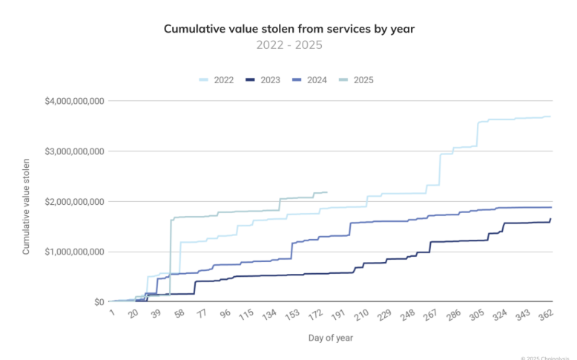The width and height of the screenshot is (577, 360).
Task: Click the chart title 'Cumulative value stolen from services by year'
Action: pos(288,29)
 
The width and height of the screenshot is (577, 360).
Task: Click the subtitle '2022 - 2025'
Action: pos(288,45)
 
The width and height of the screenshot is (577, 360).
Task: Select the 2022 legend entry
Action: pos(220,79)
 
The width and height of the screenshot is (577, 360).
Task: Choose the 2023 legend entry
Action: pos(264,79)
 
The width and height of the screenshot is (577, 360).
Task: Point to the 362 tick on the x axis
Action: pos(547,315)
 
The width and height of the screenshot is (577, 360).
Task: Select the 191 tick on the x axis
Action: pos(337,315)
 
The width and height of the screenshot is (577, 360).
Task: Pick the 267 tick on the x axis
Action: pos(430,315)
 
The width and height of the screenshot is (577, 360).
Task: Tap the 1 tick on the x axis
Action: pos(111,313)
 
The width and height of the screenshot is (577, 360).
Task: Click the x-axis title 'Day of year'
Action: pos(331,338)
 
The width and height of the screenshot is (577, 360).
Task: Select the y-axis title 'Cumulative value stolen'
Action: pos(27,206)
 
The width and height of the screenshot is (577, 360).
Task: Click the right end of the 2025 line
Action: pos(327,192)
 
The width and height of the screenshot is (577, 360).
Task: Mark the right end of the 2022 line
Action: pos(550,116)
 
